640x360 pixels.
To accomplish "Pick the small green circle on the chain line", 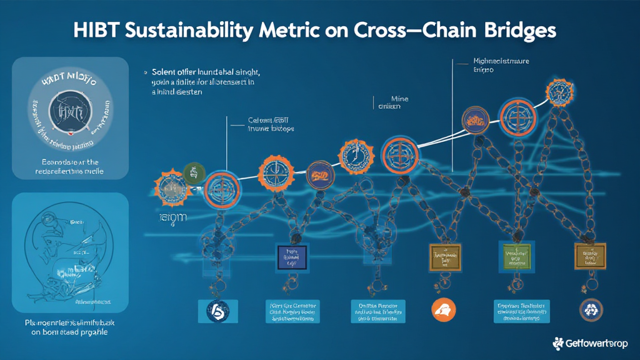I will pyautogui.click(x=194, y=172).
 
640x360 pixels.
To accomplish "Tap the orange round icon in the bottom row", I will pyautogui.click(x=444, y=308).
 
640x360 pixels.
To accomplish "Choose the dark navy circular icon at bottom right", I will pyautogui.click(x=591, y=308).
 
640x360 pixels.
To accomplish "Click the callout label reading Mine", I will pyautogui.click(x=399, y=98).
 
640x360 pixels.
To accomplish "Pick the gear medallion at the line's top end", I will pyautogui.click(x=561, y=91).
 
